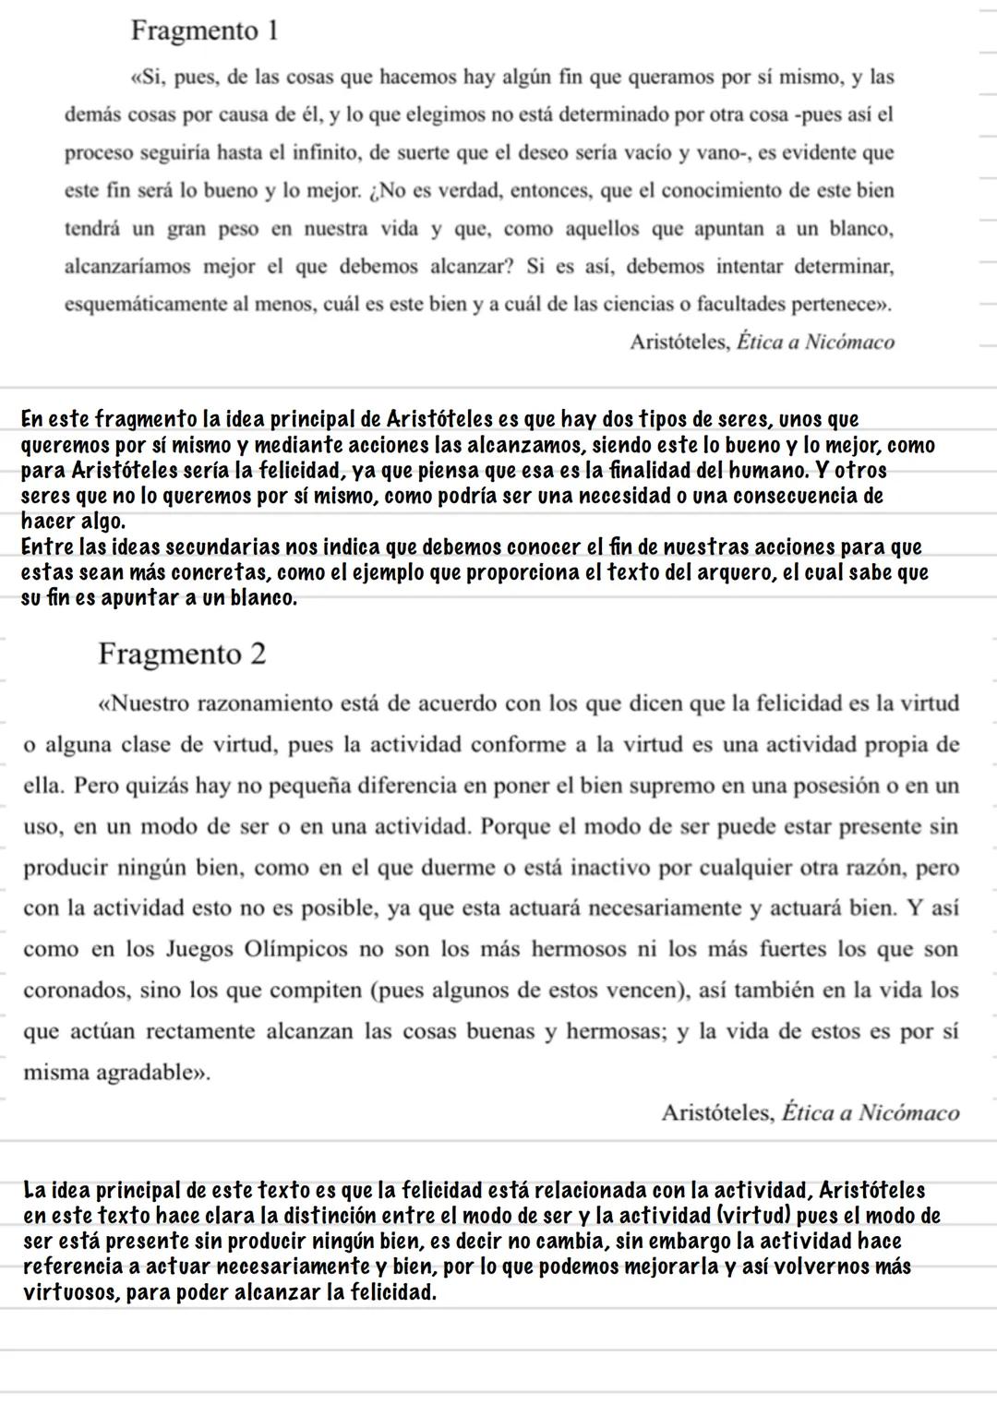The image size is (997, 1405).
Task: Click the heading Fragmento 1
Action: pyautogui.click(x=204, y=30)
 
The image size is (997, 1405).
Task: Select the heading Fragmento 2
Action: pyautogui.click(x=182, y=654)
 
